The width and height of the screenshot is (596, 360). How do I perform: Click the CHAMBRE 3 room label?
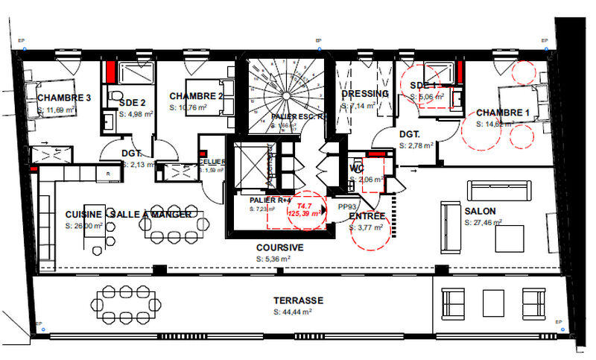(64, 98)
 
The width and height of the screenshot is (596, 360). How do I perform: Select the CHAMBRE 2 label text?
(197, 96)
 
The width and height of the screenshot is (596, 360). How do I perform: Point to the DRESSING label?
(365, 94)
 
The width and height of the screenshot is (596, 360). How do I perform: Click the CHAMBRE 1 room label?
(503, 113)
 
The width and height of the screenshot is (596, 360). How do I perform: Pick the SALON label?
(481, 211)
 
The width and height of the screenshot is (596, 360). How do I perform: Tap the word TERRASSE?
(298, 300)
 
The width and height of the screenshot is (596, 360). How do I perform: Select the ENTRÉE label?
(367, 217)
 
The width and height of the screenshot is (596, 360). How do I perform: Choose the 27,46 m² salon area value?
(483, 222)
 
